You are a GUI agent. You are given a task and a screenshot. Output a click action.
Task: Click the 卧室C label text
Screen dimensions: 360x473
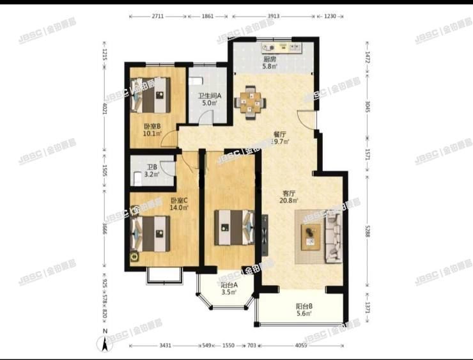coord(178,200)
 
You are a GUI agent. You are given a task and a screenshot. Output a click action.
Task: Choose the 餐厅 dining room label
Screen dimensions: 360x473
coord(279,135)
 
